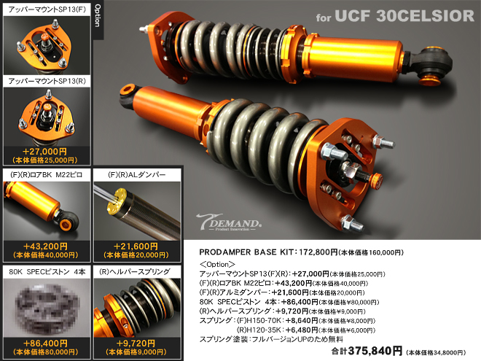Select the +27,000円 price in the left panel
45,151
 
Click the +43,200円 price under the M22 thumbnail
45,247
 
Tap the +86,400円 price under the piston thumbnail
45,342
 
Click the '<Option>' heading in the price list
217,263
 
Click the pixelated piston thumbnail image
45,306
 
